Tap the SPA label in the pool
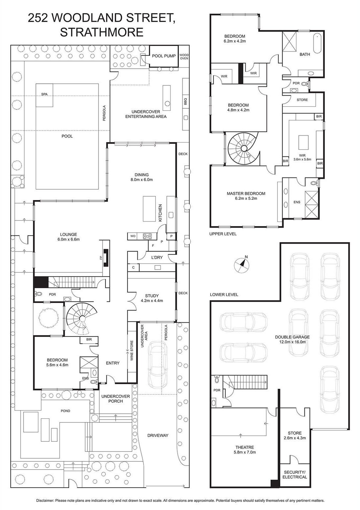44,94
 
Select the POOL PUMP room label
164,56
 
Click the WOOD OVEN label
184,57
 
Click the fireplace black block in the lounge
106,258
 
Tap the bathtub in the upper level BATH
317,43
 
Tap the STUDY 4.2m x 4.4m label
152,298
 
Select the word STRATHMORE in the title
102,32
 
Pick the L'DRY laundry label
157,257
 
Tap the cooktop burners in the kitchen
147,236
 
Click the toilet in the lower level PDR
216,379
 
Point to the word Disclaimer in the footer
45,500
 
